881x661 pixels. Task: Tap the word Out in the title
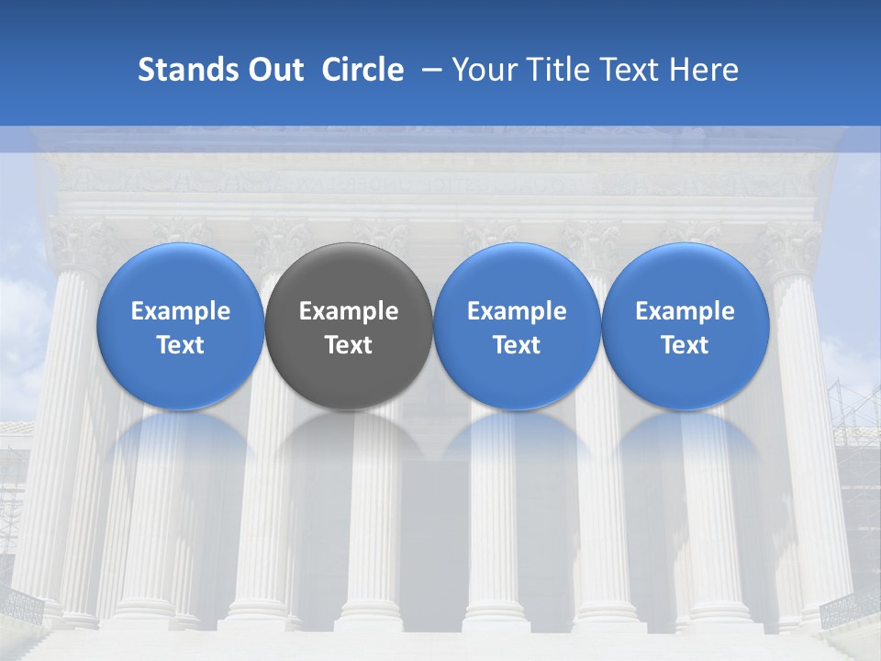click(273, 70)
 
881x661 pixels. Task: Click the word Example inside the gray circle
click(349, 311)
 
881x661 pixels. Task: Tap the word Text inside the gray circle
click(349, 345)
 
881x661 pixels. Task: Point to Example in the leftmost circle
click(180, 311)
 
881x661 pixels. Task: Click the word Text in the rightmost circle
click(686, 345)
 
